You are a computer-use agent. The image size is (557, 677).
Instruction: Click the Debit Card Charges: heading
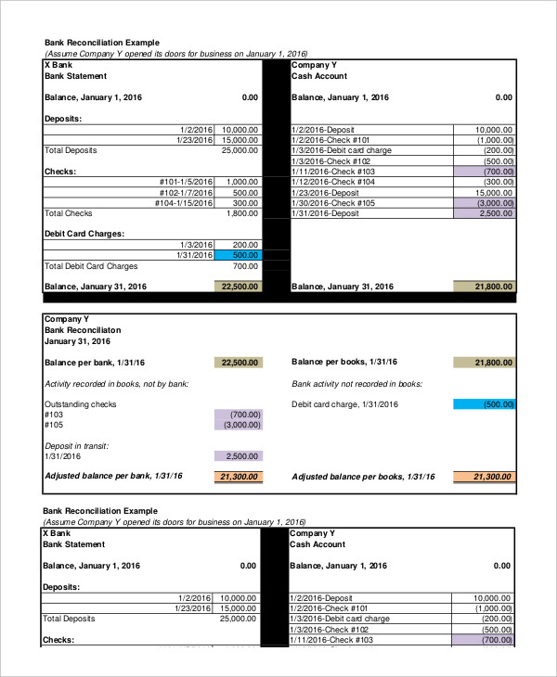[x=84, y=234]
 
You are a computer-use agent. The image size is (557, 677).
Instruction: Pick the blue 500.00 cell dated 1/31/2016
[x=239, y=255]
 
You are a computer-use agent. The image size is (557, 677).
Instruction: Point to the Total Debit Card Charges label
[x=91, y=266]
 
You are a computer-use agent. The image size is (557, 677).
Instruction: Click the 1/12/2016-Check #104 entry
[x=332, y=182]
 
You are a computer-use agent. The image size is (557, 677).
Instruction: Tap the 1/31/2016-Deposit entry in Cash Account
[x=325, y=213]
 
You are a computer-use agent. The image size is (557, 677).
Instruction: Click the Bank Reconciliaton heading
[x=83, y=329]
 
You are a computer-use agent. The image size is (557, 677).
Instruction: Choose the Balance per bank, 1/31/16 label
[x=99, y=362]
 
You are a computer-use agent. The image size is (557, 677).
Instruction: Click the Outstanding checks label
[x=81, y=404]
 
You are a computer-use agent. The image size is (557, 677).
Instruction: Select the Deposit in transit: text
[x=77, y=446]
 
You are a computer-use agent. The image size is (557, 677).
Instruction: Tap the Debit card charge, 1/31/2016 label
[x=344, y=404]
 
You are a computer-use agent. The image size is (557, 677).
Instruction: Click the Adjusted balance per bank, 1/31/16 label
[x=113, y=476]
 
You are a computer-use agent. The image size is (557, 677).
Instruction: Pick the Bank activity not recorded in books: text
[x=357, y=383]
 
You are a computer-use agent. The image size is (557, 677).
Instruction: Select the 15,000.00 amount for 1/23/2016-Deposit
[x=493, y=193]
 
